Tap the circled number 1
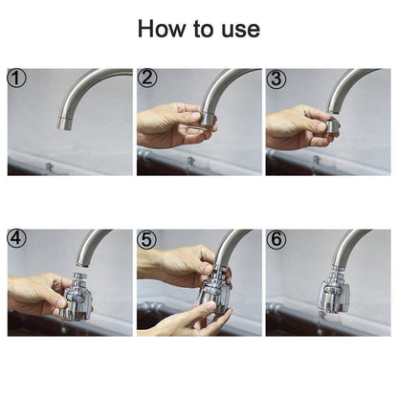coord(16,77)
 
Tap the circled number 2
coord(146,77)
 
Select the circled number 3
coord(276,77)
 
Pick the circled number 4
coord(16,237)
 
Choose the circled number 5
coord(146,237)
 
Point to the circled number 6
coord(276,237)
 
